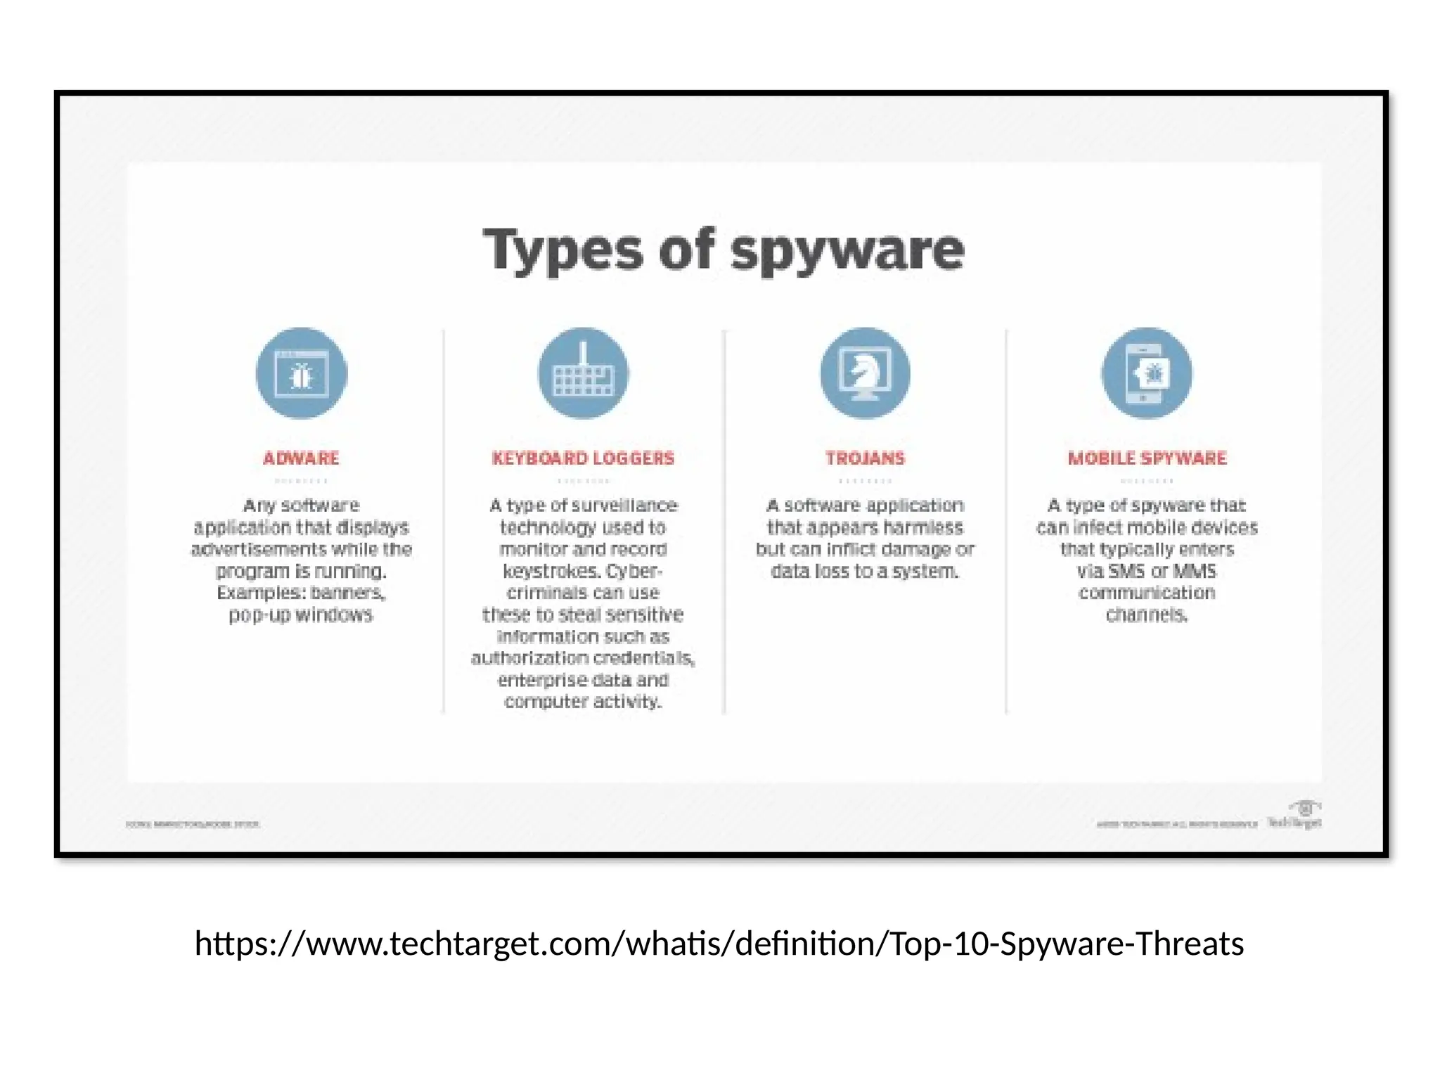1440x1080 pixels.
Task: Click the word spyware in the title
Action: click(x=847, y=251)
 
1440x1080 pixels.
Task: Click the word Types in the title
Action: click(x=562, y=251)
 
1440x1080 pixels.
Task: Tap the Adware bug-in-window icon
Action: click(x=302, y=373)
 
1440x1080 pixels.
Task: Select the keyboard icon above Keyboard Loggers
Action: click(x=584, y=373)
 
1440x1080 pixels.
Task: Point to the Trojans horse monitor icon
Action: click(x=865, y=373)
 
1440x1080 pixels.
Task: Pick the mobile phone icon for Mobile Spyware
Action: click(x=1147, y=373)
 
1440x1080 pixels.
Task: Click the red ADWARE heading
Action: click(x=301, y=458)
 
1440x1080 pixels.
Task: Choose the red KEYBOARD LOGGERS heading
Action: click(x=583, y=458)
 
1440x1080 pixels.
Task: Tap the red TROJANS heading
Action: click(x=865, y=458)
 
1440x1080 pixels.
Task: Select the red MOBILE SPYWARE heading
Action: click(x=1147, y=458)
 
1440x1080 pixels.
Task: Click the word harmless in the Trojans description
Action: click(x=922, y=527)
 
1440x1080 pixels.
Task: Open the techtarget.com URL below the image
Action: click(x=719, y=944)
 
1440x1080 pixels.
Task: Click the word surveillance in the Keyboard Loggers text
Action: click(x=624, y=506)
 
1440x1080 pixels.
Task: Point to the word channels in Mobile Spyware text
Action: click(x=1146, y=615)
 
